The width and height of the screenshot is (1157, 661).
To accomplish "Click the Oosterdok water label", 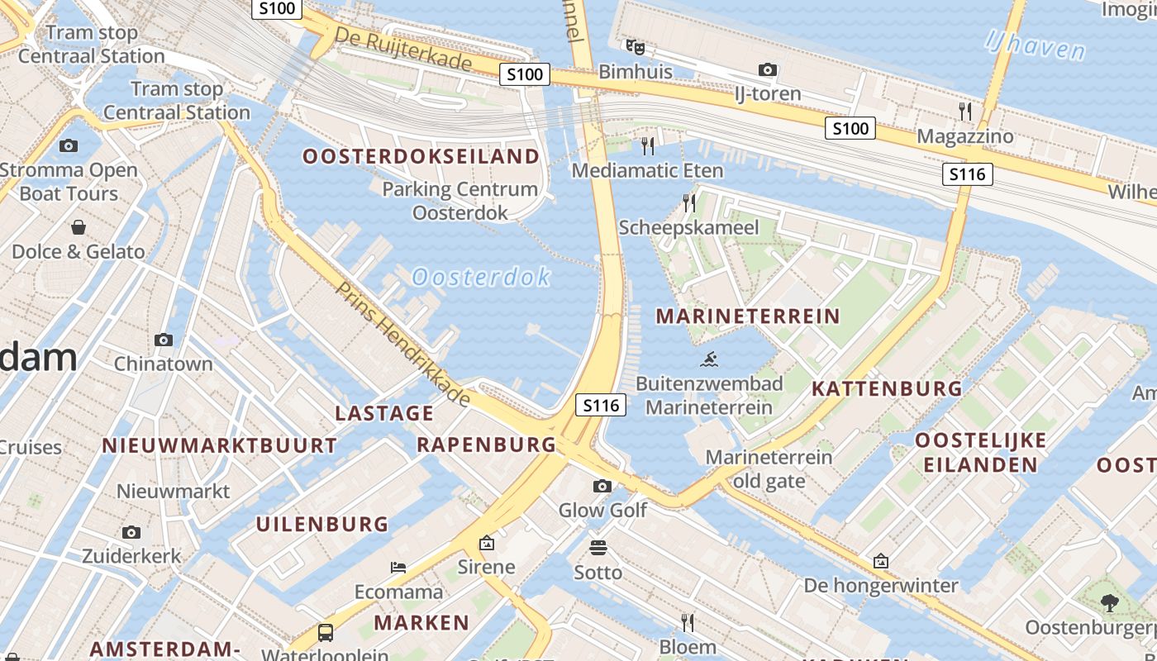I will [x=480, y=277].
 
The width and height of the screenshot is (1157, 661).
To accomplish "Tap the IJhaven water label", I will [x=1035, y=45].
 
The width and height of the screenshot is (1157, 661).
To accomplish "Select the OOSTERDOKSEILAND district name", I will [x=421, y=156].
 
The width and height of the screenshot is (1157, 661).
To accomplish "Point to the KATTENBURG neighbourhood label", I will [x=887, y=388].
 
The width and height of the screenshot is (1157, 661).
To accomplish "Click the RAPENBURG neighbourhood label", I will [x=486, y=445].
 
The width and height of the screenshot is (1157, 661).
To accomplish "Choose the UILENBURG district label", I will [x=321, y=524].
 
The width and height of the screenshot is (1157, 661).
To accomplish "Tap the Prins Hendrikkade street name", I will [x=403, y=344].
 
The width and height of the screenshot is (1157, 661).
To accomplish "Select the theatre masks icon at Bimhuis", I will [x=635, y=47].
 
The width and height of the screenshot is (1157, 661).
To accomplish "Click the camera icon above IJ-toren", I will [x=768, y=70].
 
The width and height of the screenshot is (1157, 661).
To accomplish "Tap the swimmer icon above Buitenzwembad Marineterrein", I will [x=709, y=359].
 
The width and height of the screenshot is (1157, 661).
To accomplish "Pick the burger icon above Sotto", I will [x=598, y=547].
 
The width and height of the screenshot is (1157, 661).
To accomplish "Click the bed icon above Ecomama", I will [x=398, y=568].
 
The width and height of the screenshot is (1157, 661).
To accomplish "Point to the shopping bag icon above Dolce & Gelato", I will [x=79, y=226].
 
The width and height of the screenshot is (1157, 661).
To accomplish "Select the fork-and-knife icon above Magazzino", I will [x=964, y=111].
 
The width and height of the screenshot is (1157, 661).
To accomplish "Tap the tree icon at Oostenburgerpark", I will [x=1109, y=603].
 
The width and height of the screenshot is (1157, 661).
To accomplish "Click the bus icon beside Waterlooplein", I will [x=326, y=634].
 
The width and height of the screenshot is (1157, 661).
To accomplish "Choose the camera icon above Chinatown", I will [x=164, y=340].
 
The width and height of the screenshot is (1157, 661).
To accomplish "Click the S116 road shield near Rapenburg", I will [x=600, y=405].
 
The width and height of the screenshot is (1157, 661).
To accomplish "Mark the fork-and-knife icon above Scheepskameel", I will [x=688, y=202].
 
